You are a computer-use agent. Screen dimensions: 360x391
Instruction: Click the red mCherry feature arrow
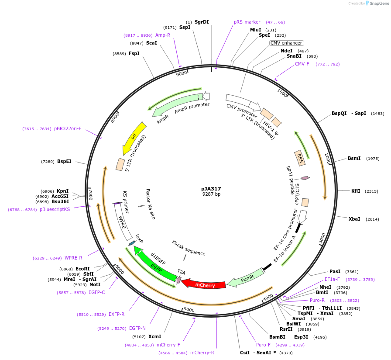pyautogui.click(x=204, y=284)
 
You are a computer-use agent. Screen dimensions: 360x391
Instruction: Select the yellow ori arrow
pyautogui.click(x=134, y=137)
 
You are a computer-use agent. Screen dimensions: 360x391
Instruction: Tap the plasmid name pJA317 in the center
pyautogui.click(x=211, y=189)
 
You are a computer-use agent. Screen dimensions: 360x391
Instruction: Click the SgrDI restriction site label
pyautogui.click(x=202, y=22)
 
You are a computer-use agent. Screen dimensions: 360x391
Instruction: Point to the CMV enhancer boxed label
pyautogui.click(x=286, y=43)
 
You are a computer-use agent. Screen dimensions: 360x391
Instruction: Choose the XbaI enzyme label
pyautogui.click(x=354, y=219)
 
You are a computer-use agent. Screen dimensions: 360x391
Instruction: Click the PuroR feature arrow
pyautogui.click(x=247, y=277)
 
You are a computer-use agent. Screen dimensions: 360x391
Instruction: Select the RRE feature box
pyautogui.click(x=300, y=158)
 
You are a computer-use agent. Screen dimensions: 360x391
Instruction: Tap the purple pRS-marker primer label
pyautogui.click(x=247, y=22)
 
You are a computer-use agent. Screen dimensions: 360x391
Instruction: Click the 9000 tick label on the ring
pyautogui.click(x=182, y=73)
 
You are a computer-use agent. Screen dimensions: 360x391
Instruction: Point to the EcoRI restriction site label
pyautogui.click(x=82, y=269)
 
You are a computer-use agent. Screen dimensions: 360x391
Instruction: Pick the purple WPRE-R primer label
pyautogui.click(x=73, y=258)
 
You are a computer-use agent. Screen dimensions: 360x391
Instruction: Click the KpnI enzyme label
pyautogui.click(x=62, y=191)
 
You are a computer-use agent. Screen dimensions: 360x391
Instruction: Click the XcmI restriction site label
pyautogui.click(x=154, y=336)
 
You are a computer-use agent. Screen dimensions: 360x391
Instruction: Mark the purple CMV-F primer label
pyautogui.click(x=302, y=64)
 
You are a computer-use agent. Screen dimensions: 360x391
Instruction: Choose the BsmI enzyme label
pyautogui.click(x=354, y=158)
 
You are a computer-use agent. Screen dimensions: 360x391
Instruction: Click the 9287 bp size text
pyautogui.click(x=211, y=194)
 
